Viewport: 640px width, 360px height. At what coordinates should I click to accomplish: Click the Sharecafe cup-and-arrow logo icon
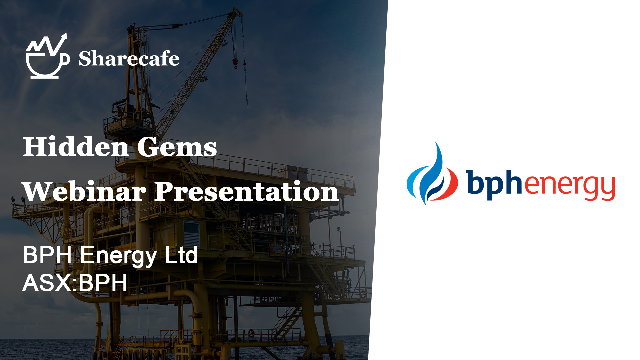click(47, 57)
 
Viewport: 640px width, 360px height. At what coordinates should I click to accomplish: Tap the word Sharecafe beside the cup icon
click(129, 59)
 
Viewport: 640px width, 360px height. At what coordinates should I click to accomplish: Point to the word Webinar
click(84, 191)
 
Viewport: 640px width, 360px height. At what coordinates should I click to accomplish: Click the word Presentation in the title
click(247, 191)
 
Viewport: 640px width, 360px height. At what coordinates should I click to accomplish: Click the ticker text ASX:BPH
click(75, 283)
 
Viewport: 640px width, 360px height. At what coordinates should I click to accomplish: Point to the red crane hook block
click(235, 63)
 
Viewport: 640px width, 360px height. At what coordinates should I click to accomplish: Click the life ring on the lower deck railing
click(251, 333)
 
